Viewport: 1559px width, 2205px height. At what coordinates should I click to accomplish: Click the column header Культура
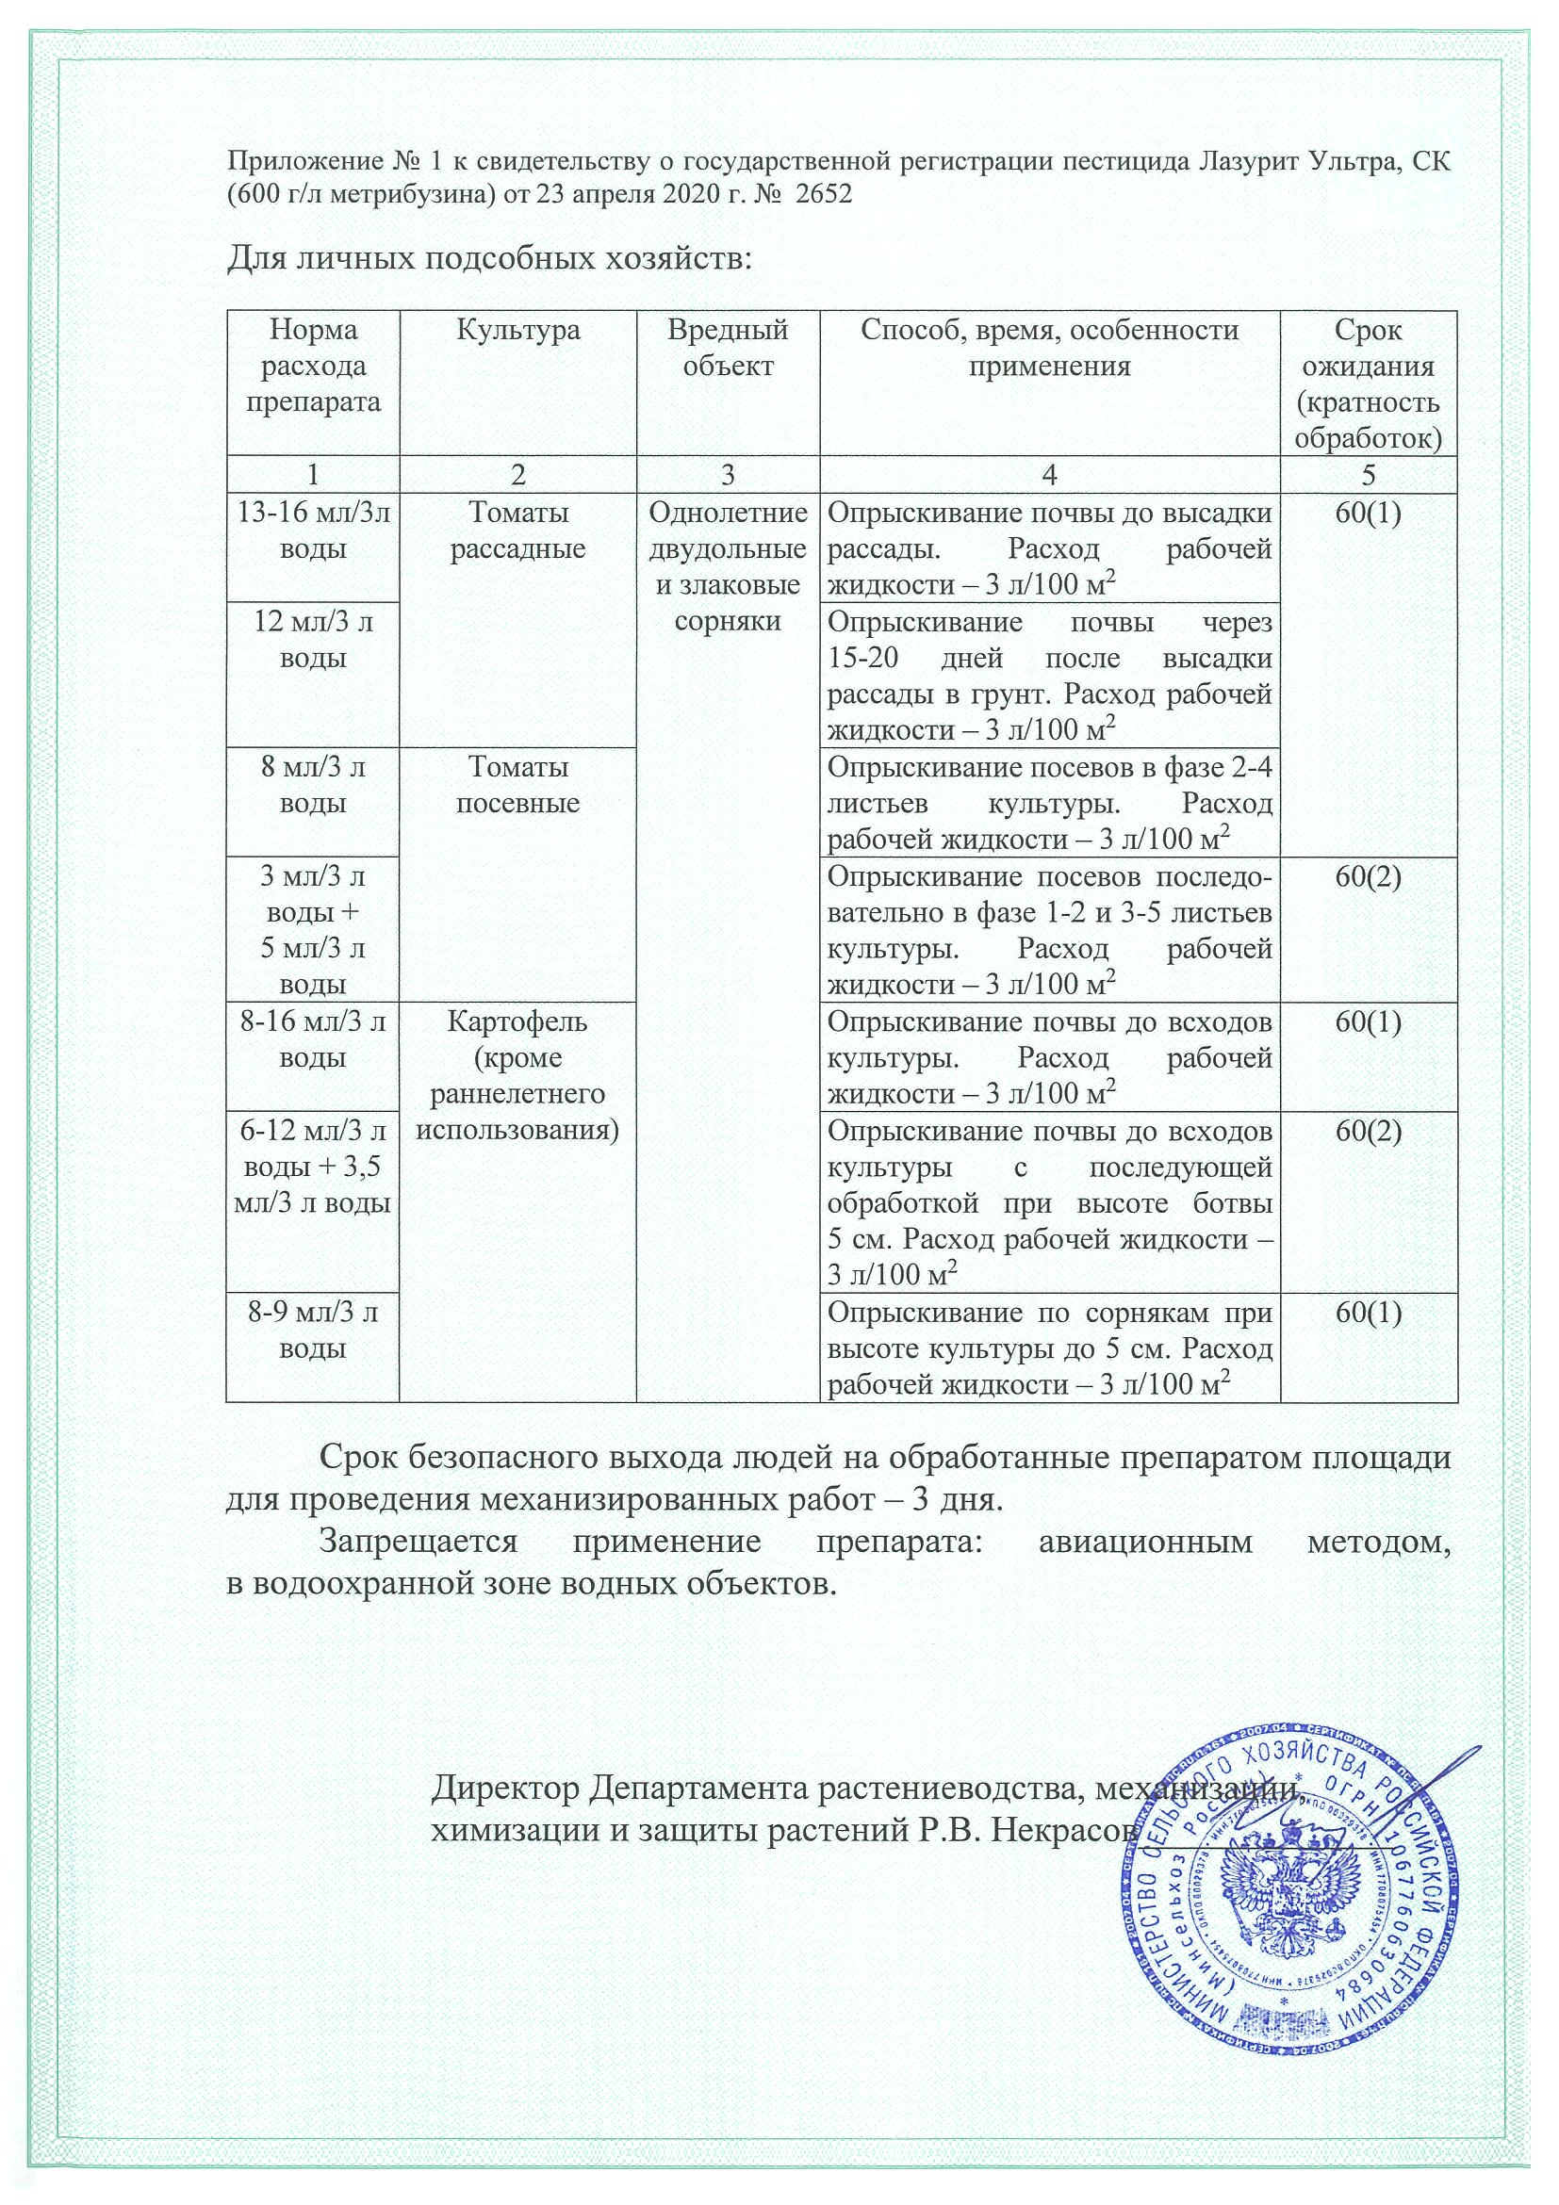(517, 332)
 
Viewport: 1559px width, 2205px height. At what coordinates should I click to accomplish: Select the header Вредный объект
(727, 348)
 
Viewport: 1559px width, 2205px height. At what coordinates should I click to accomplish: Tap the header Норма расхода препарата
(313, 366)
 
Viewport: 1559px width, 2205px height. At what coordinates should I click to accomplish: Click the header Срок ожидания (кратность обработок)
(1368, 384)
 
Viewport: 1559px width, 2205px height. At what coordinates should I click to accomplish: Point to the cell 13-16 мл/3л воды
(313, 531)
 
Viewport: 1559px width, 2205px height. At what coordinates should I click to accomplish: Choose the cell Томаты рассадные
(517, 531)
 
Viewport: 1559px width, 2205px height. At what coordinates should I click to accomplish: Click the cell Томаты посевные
(517, 785)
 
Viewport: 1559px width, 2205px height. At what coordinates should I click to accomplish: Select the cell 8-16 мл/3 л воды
(313, 1040)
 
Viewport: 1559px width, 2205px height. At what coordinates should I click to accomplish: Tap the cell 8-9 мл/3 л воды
(313, 1331)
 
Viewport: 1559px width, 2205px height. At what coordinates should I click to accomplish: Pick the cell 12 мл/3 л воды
(313, 641)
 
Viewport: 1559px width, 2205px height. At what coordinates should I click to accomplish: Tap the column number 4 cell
(1050, 474)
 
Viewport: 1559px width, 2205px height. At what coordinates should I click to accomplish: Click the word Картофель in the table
(517, 1021)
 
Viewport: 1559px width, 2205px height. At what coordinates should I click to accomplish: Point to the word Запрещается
(418, 1543)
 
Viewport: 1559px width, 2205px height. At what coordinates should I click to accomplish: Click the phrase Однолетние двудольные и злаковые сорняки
(727, 567)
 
